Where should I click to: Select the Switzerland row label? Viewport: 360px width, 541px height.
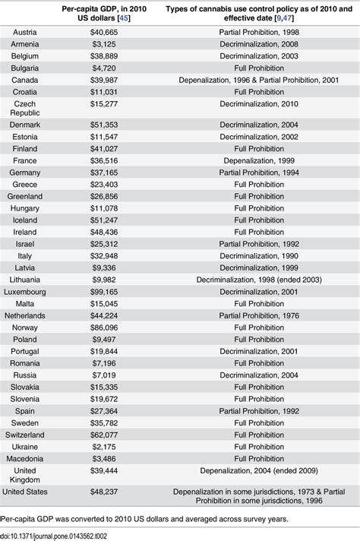pos(33,435)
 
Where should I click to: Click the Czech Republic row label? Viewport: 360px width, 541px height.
pos(28,108)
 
